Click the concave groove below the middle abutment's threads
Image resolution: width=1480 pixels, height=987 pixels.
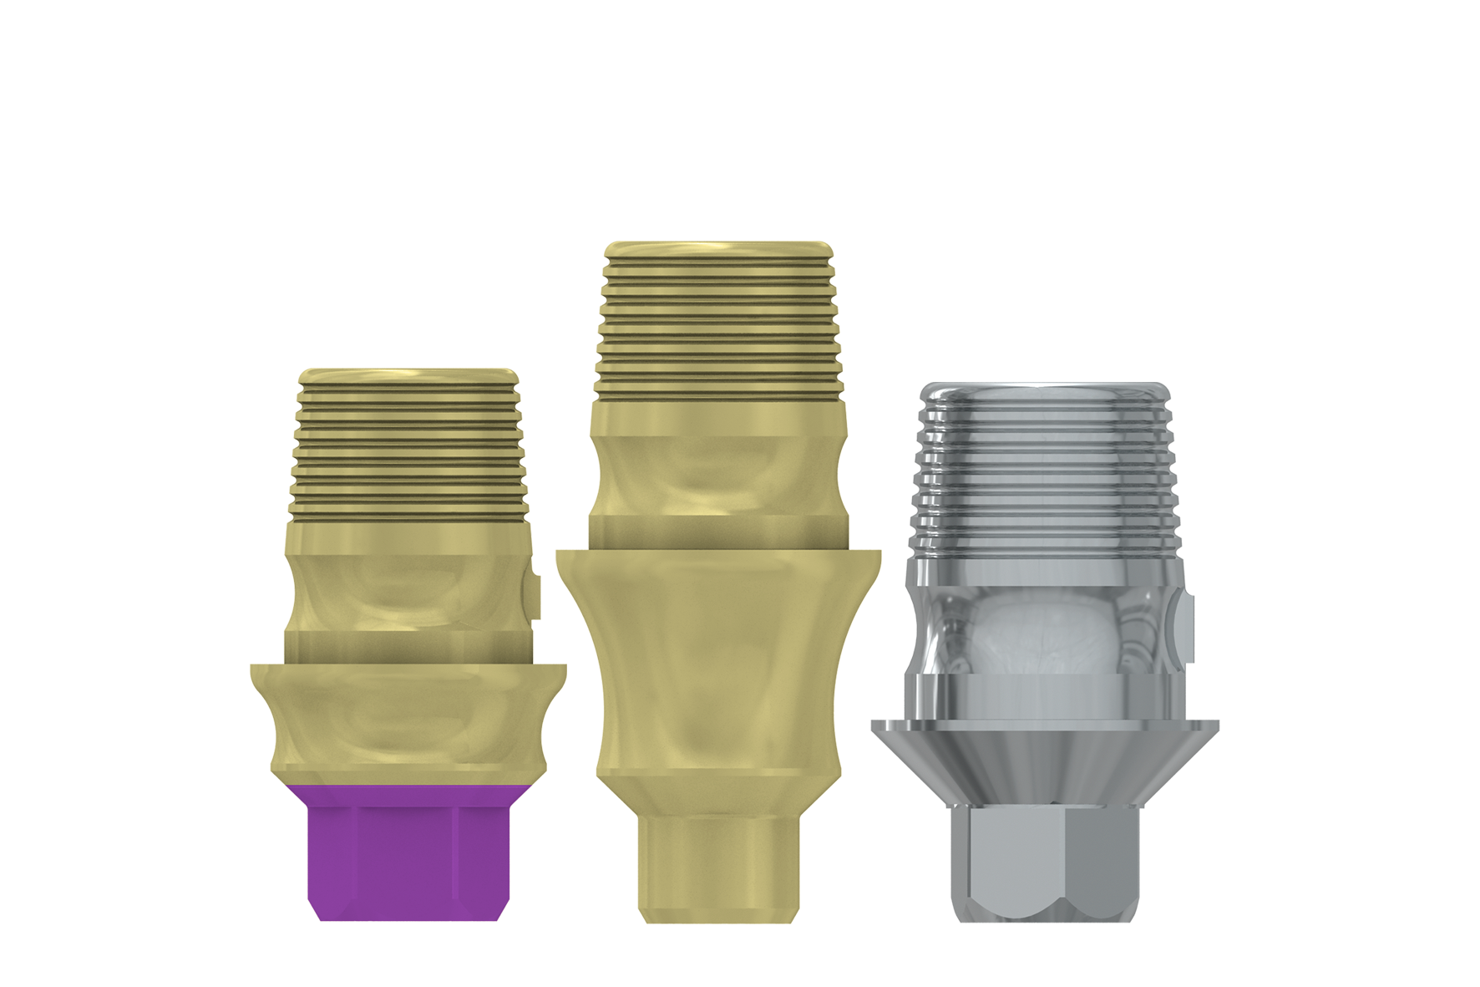point(719,476)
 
